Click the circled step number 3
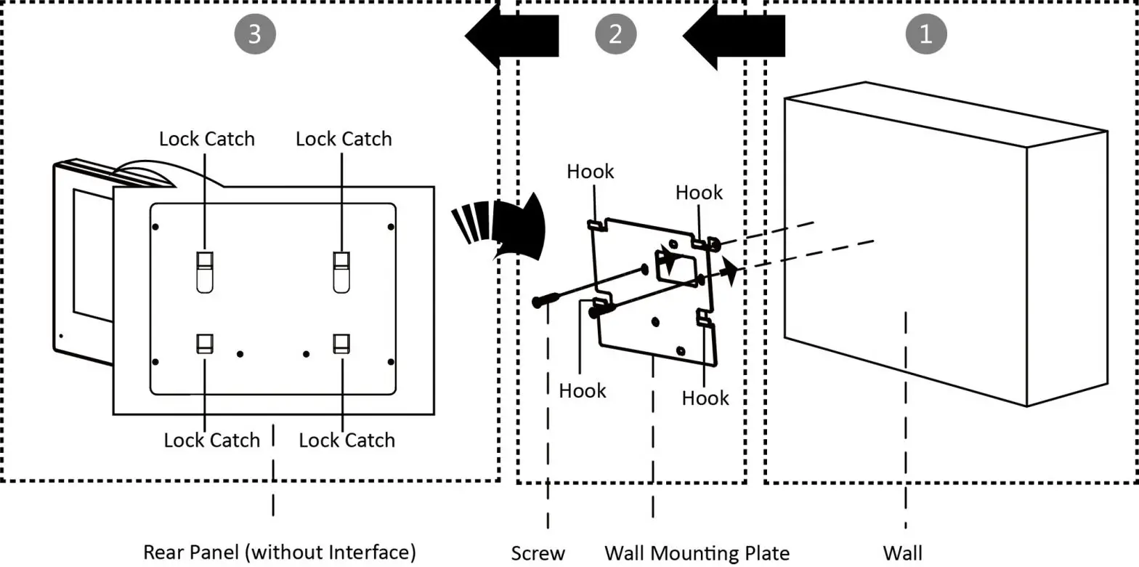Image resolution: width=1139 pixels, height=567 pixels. tap(254, 34)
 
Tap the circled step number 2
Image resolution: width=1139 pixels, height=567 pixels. tap(615, 34)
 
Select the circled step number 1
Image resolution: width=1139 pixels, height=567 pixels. tap(925, 34)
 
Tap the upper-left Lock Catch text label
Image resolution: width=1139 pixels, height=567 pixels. tap(207, 139)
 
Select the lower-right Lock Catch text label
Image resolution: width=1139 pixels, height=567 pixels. tap(346, 440)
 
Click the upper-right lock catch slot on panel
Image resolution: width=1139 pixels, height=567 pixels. tap(341, 271)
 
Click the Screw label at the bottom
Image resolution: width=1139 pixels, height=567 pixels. tap(538, 553)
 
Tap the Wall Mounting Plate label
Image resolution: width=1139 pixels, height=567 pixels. tap(697, 553)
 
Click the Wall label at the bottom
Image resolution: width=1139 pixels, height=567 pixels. tap(903, 553)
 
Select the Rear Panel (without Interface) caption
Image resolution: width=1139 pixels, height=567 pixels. tap(280, 552)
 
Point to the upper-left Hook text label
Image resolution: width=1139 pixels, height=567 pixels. tap(590, 172)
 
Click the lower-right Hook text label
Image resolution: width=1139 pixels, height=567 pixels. tap(705, 398)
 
